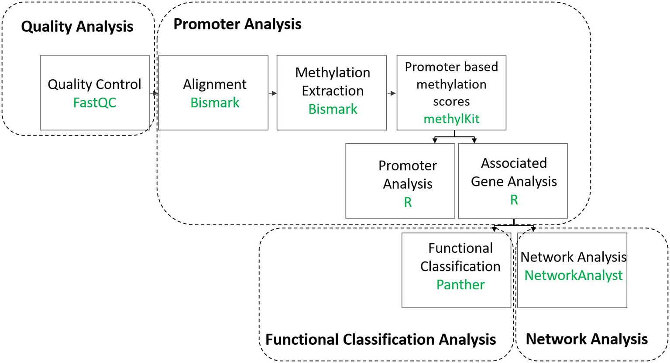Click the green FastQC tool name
(x=94, y=103)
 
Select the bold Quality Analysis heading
(x=77, y=27)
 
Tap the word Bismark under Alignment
(x=215, y=103)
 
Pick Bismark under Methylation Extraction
(x=333, y=109)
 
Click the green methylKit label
(x=451, y=119)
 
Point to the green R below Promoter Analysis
(x=408, y=202)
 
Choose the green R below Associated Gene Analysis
(x=514, y=200)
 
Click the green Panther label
(x=460, y=285)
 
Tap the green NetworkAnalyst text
(x=573, y=275)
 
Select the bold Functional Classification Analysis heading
(x=380, y=339)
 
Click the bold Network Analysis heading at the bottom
(x=586, y=339)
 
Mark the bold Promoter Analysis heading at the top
(x=237, y=24)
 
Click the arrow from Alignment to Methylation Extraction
(x=272, y=93)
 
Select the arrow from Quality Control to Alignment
(x=154, y=93)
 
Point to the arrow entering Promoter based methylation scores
(x=392, y=93)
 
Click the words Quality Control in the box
(x=94, y=84)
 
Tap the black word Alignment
(x=215, y=84)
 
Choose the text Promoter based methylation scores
(x=451, y=84)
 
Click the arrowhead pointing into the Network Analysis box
(x=533, y=229)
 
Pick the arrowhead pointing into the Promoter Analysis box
(x=435, y=140)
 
